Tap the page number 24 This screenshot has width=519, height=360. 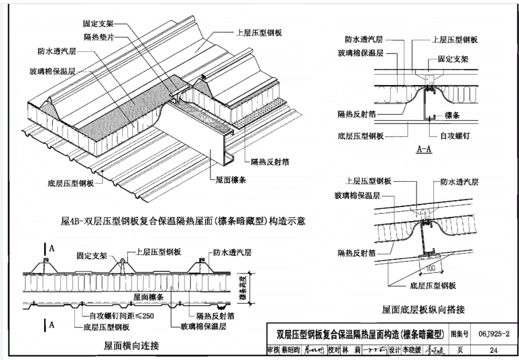(494, 350)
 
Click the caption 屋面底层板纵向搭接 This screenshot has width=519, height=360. (423, 310)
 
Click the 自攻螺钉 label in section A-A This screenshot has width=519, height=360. (454, 136)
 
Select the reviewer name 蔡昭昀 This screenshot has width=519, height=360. (290, 350)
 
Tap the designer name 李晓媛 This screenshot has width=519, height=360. (412, 350)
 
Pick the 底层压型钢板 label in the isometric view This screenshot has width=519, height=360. (71, 183)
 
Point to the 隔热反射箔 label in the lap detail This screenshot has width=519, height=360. (358, 254)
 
